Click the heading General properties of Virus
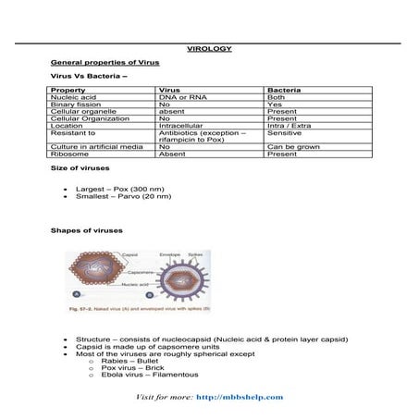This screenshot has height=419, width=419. click(105, 61)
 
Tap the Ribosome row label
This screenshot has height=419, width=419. click(70, 154)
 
